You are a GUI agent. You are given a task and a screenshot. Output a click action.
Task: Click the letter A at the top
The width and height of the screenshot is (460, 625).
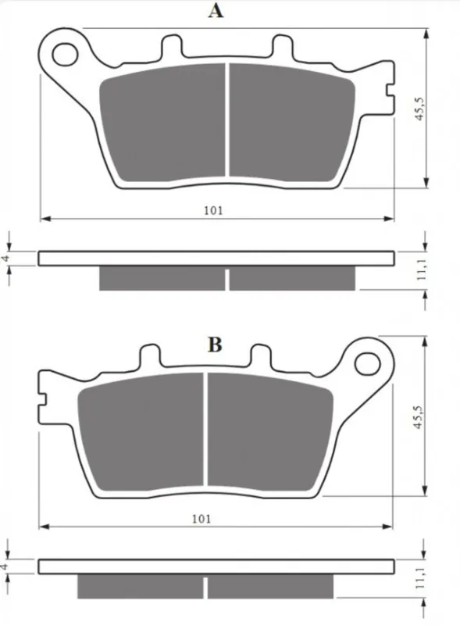[x=216, y=10]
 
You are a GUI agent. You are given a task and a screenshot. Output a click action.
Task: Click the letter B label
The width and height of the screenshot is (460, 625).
[x=215, y=345]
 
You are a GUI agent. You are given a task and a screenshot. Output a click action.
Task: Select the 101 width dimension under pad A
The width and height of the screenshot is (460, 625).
[x=213, y=210]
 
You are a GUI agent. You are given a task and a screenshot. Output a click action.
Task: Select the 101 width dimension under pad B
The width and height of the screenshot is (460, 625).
[x=201, y=519]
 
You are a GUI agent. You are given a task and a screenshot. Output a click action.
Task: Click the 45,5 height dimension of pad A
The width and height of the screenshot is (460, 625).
[x=419, y=109]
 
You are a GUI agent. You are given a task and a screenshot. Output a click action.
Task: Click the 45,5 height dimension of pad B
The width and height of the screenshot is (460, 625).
[x=417, y=417]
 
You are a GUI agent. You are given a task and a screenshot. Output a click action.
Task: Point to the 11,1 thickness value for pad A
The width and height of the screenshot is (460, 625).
[x=421, y=269]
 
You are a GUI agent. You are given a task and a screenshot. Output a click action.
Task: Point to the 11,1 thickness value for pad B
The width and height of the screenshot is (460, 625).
[x=419, y=578]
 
